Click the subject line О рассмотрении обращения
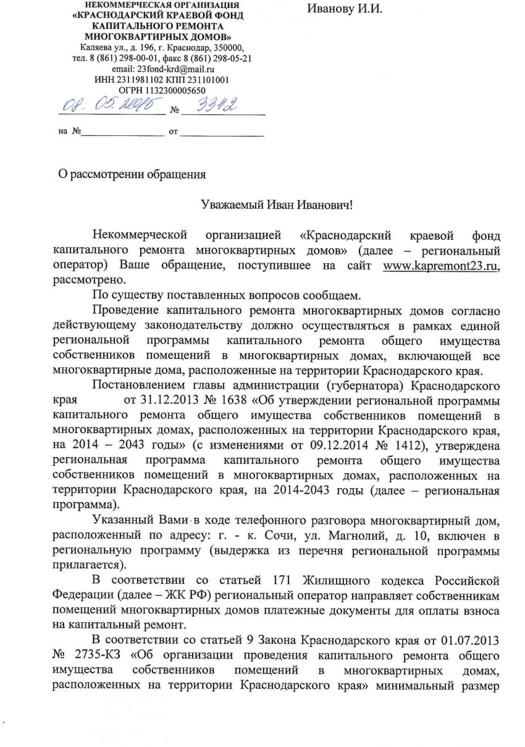click(x=131, y=174)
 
